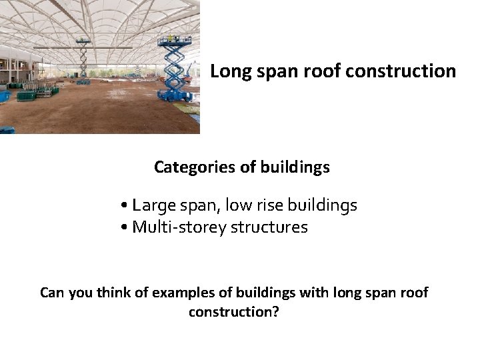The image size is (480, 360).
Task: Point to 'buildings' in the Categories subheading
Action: coord(297,167)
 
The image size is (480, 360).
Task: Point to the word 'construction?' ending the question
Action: coord(233,312)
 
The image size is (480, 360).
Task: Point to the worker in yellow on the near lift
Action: coord(171,37)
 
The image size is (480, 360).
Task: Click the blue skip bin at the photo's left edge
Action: coord(5,96)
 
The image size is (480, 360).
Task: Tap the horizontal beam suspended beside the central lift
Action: coord(57,48)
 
